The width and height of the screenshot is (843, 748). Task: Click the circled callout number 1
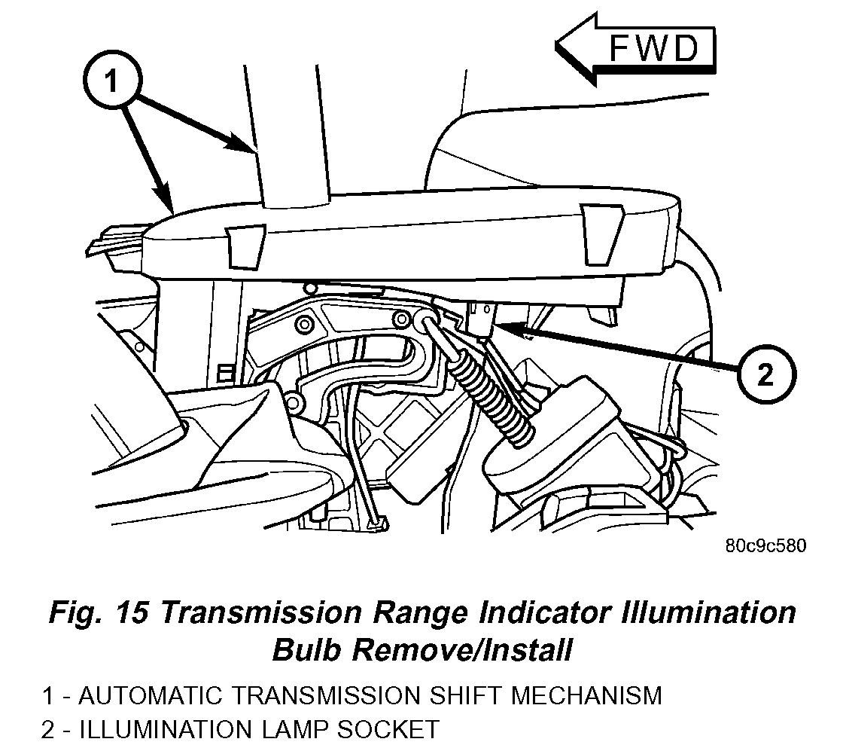coord(112,81)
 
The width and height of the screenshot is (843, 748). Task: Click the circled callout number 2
coord(764,374)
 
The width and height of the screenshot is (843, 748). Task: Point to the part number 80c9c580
coord(765,546)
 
